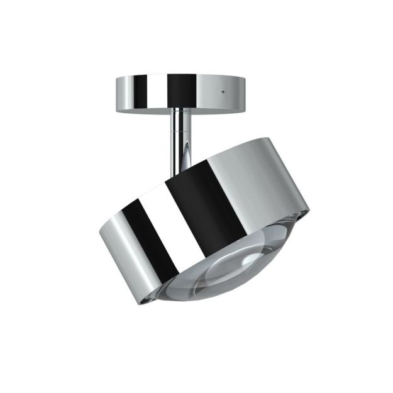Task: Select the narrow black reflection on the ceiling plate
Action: point(138,91)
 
